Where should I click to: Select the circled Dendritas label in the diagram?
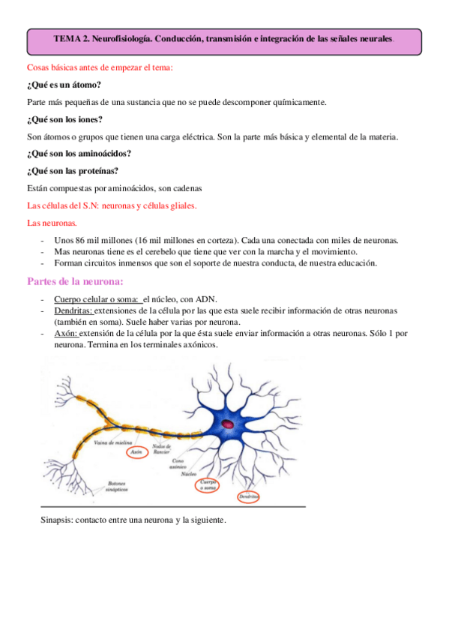click(x=248, y=496)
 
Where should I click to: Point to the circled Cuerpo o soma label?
click(x=208, y=485)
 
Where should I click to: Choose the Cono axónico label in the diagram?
click(x=178, y=463)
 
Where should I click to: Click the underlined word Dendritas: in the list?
click(x=73, y=310)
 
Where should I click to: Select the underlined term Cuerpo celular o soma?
click(x=97, y=298)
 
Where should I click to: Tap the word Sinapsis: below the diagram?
click(x=59, y=520)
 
